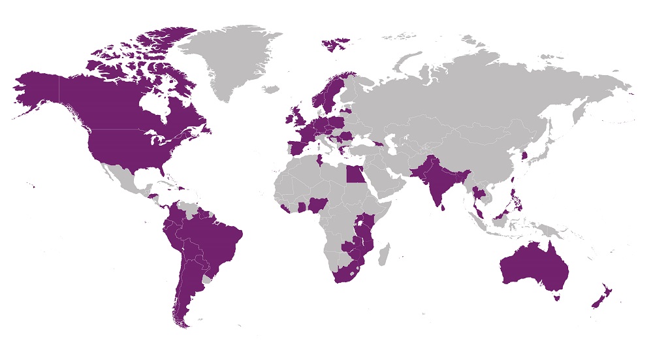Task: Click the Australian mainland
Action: [x=532, y=268]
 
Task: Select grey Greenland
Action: [x=229, y=59]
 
